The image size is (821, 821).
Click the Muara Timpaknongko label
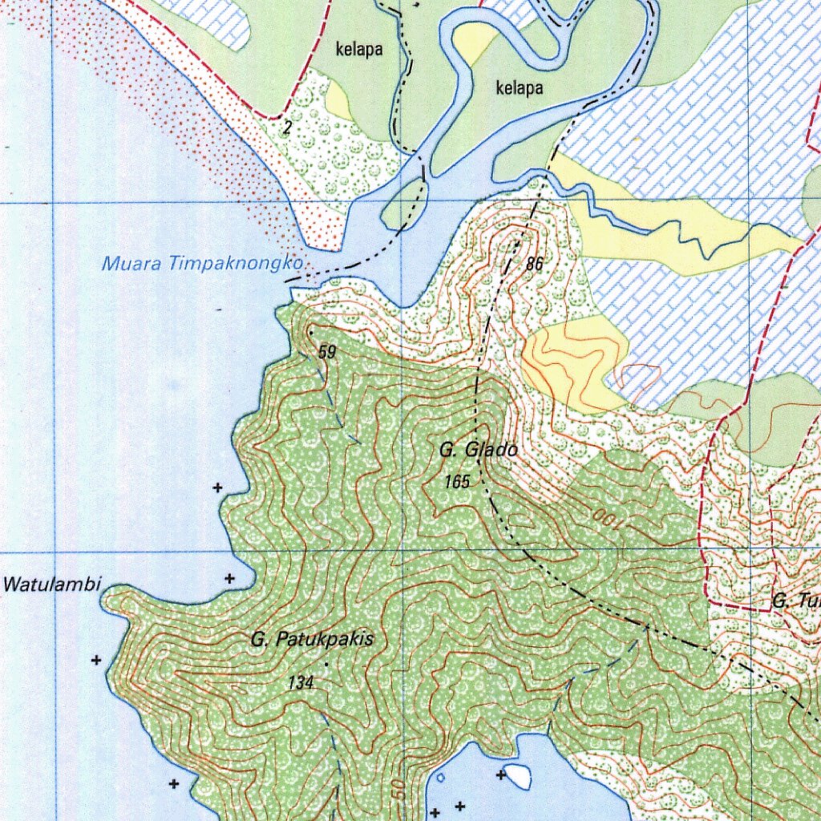(x=202, y=263)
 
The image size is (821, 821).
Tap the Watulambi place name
(x=52, y=584)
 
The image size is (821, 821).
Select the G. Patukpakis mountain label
(x=312, y=640)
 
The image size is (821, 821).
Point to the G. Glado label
(x=478, y=451)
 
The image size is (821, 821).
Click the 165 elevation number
(x=456, y=481)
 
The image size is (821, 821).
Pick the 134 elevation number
(x=301, y=683)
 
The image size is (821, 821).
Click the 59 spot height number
(x=327, y=352)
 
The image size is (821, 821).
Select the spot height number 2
(x=287, y=126)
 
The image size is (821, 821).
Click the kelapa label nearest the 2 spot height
(x=358, y=50)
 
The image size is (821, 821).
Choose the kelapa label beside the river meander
(x=519, y=87)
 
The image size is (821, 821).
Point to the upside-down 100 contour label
(x=608, y=520)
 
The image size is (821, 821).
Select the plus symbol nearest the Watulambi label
(x=229, y=577)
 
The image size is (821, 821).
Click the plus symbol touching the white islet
(x=501, y=774)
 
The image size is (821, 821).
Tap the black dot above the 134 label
(x=326, y=665)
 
